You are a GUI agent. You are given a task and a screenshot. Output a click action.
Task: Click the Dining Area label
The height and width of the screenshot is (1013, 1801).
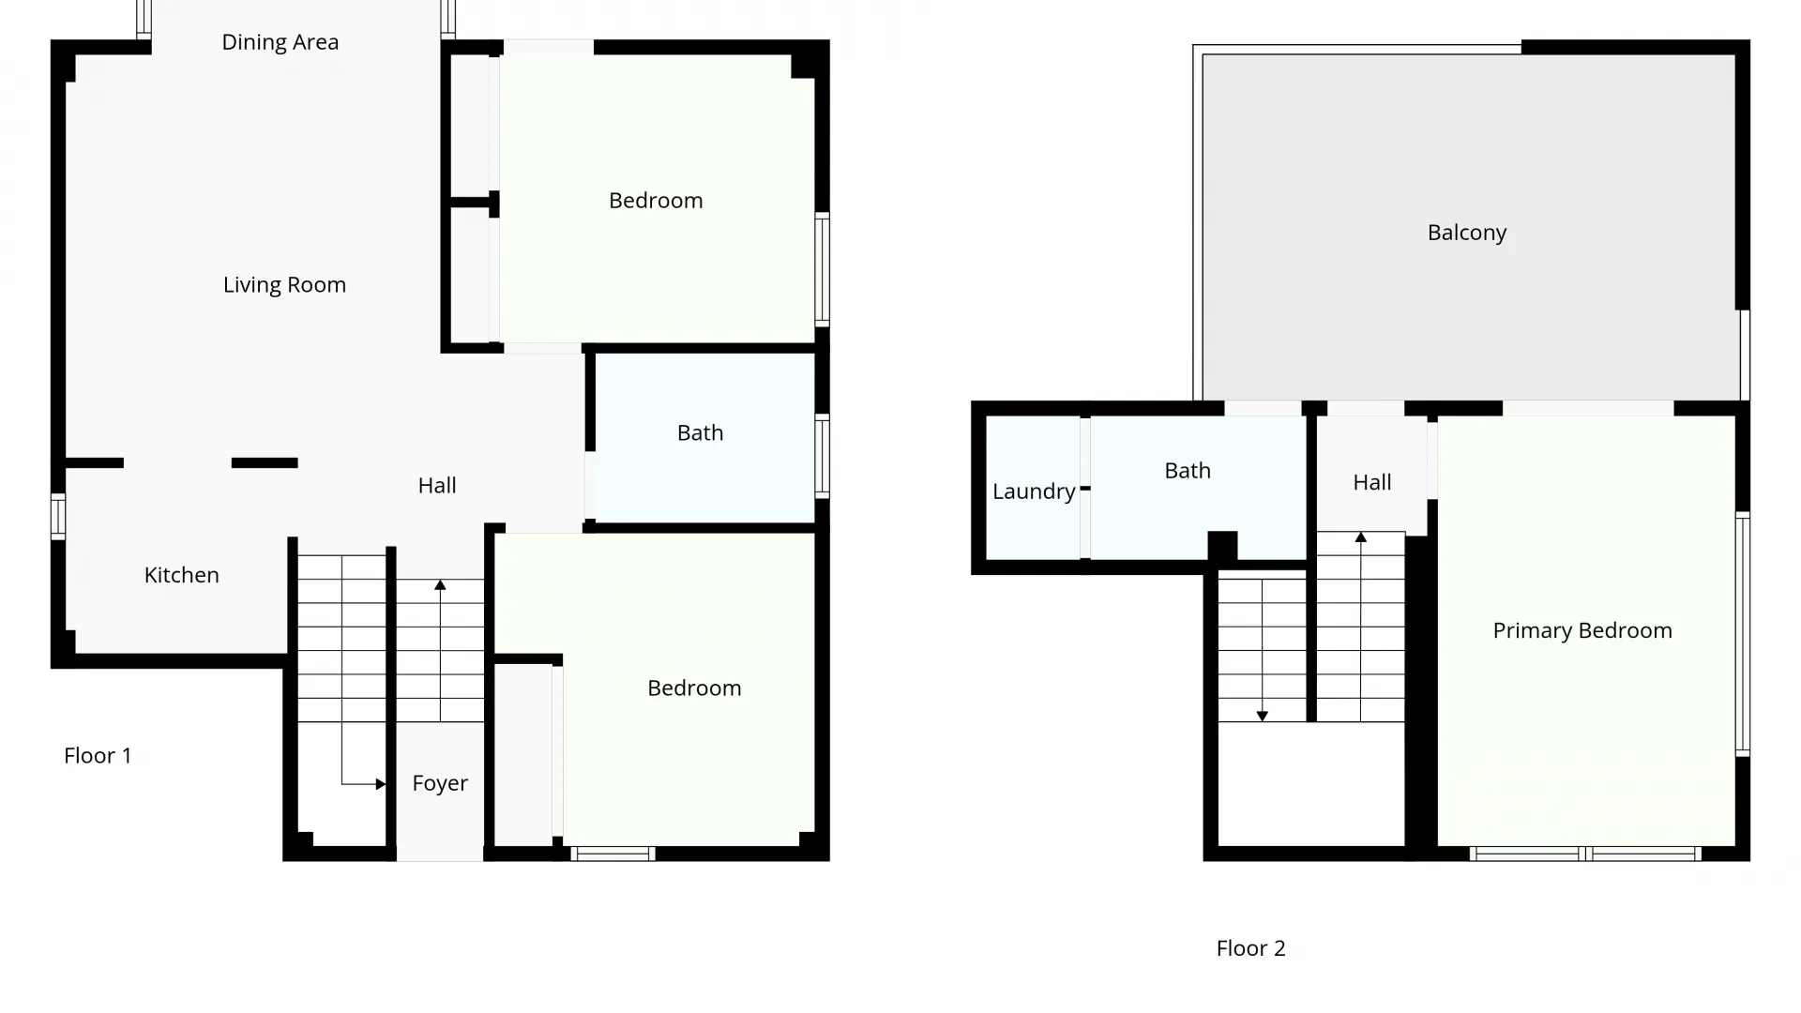point(280,42)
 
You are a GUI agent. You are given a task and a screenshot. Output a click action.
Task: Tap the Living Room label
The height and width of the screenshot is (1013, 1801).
point(284,285)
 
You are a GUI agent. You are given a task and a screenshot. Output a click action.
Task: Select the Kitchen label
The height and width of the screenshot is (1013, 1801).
point(181,575)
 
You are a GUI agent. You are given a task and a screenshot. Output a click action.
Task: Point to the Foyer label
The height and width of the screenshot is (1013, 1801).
point(440,783)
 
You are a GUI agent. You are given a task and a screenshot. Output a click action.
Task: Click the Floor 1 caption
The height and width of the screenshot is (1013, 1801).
point(98,756)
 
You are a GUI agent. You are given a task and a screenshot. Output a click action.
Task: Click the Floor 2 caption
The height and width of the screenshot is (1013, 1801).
point(1250,948)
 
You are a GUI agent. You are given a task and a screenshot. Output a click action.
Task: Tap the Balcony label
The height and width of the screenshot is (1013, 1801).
point(1467,233)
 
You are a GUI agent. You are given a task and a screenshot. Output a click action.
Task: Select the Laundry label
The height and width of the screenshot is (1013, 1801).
point(1034,491)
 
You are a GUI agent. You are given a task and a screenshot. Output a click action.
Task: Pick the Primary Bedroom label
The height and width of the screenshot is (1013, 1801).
point(1582,630)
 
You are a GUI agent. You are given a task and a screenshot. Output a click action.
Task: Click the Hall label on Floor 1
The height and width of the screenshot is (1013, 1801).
point(437,486)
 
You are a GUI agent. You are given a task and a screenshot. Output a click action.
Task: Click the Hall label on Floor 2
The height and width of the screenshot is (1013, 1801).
point(1372,483)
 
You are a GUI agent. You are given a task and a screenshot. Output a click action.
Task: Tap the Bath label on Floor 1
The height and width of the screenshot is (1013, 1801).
point(701,433)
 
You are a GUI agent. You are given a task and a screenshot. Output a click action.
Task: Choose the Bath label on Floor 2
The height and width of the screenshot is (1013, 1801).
point(1188,471)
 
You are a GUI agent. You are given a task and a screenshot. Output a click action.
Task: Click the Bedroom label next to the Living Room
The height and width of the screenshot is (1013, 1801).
point(656,201)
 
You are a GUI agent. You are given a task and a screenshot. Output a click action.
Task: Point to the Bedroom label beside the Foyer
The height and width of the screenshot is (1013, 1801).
point(694,688)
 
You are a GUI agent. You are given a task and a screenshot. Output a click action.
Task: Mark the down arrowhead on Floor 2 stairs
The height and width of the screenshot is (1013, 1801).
point(1263,716)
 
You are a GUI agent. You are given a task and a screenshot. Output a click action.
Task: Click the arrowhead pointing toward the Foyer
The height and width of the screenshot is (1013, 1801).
point(380,784)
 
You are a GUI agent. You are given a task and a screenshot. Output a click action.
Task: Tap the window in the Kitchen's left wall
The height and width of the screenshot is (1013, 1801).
point(58,516)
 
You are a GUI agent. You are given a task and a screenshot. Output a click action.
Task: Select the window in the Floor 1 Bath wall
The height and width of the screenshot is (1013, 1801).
point(822,456)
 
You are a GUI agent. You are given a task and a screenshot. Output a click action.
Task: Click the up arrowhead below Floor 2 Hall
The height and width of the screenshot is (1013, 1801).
point(1361,537)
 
